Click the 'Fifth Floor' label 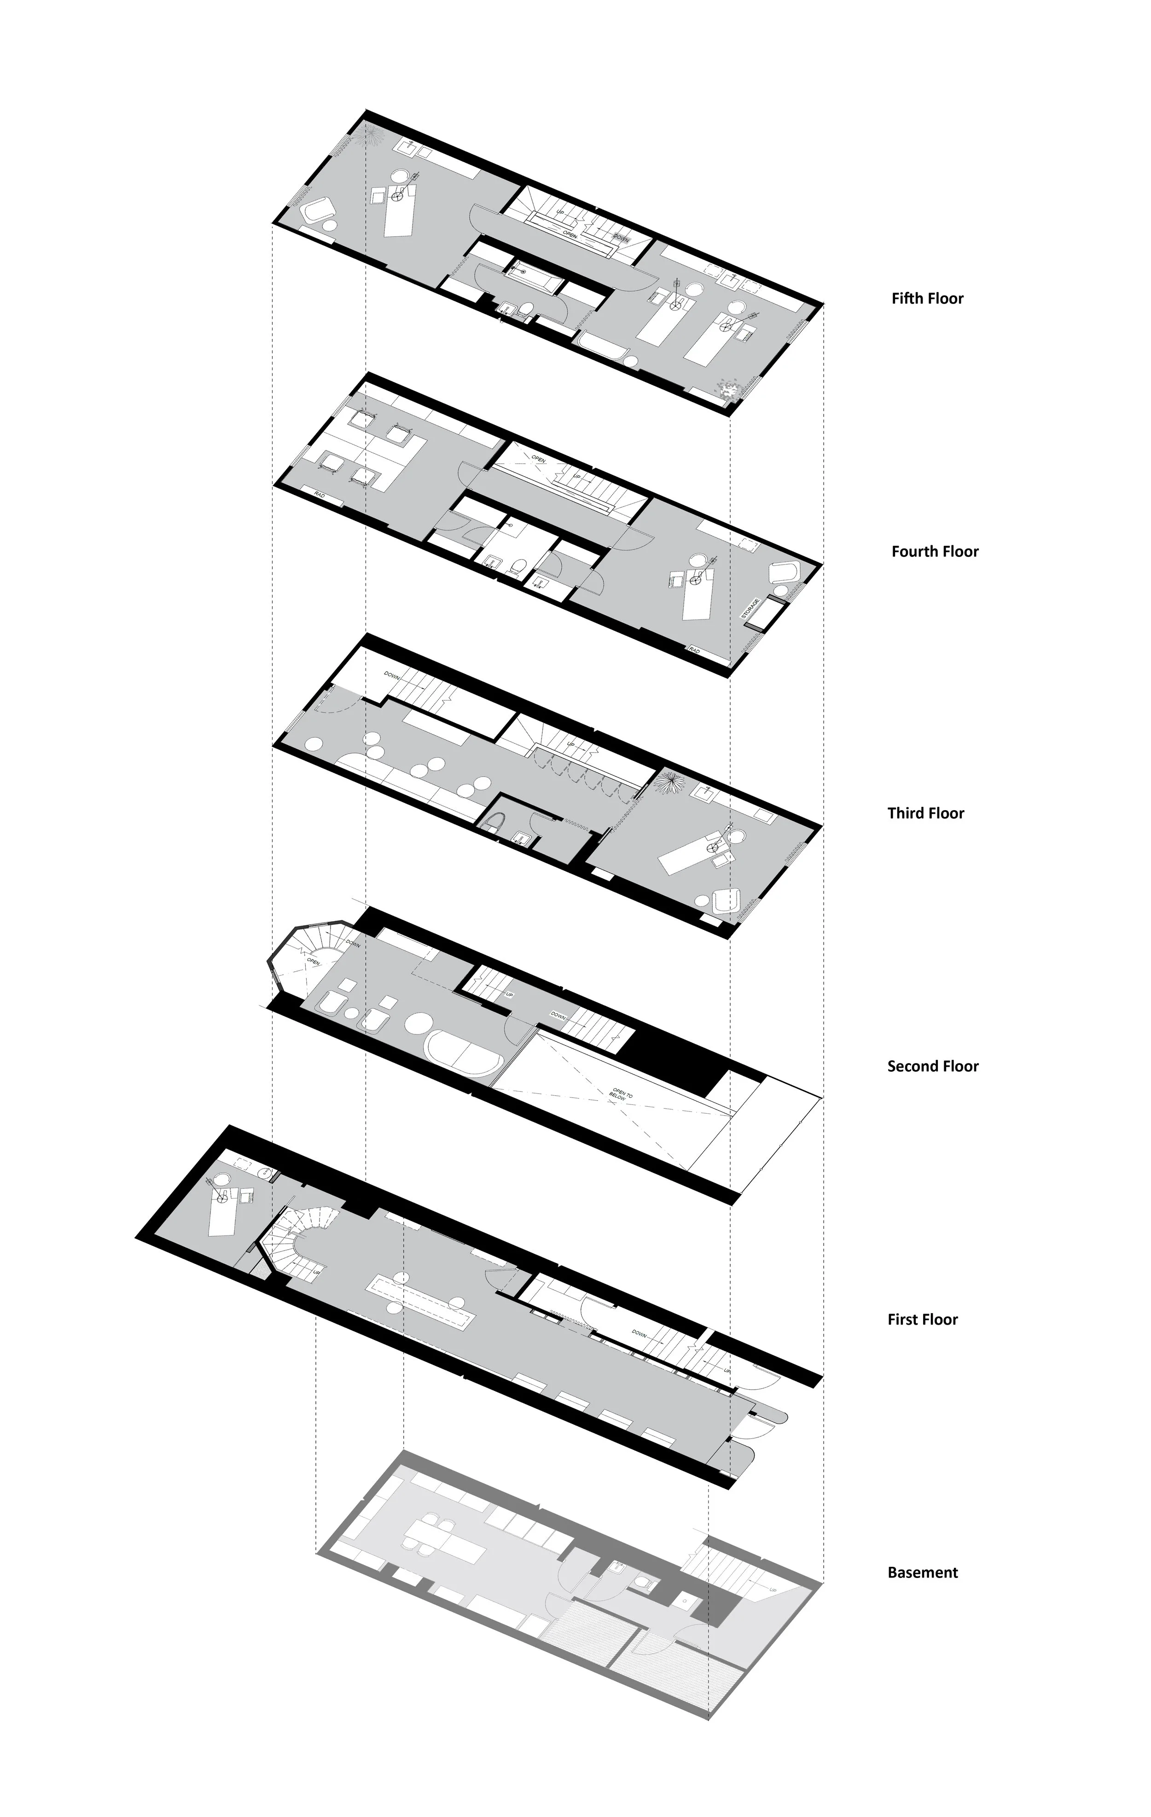927,298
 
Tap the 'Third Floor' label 925,812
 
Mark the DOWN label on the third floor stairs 392,674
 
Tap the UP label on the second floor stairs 509,994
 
